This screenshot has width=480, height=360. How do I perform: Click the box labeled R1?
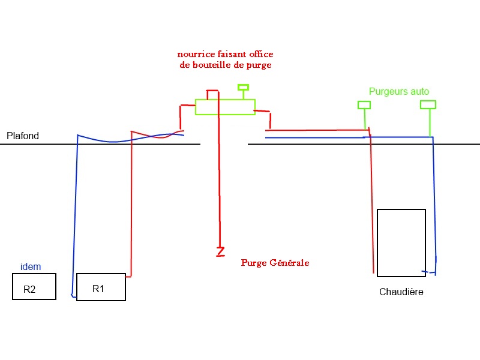click(101, 287)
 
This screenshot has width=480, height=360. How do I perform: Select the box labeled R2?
click(34, 286)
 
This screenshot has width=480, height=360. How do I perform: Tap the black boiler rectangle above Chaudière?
click(401, 242)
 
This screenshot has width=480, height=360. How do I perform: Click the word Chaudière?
click(401, 292)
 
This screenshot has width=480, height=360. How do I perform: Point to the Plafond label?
click(23, 136)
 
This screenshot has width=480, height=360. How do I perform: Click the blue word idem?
click(31, 267)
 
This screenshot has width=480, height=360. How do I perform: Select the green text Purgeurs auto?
click(399, 92)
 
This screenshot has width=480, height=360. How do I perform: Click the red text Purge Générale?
click(275, 263)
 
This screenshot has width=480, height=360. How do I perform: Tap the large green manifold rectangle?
click(225, 107)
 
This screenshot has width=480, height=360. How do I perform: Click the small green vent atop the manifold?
click(243, 87)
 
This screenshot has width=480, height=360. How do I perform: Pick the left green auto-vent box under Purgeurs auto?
click(364, 105)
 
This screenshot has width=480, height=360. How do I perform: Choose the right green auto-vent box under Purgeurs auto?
click(428, 104)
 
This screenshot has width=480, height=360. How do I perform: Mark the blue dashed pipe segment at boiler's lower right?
click(428, 272)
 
